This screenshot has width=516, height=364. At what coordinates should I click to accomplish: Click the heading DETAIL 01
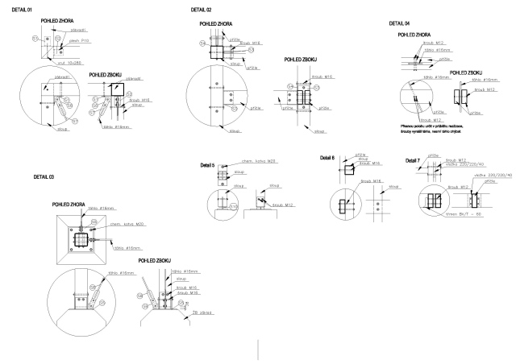tap(22, 9)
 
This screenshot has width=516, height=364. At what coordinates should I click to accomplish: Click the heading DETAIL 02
tap(202, 9)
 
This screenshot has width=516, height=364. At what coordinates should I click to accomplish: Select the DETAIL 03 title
tap(44, 176)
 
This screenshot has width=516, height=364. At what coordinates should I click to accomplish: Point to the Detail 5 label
tap(206, 165)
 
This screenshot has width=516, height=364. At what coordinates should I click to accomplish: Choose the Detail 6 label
tap(327, 157)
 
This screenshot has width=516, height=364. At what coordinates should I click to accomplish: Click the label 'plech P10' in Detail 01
tap(79, 38)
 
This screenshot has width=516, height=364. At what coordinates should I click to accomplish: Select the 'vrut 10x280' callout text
tap(80, 61)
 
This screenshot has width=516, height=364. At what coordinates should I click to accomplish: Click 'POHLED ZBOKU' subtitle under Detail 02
tap(303, 59)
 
